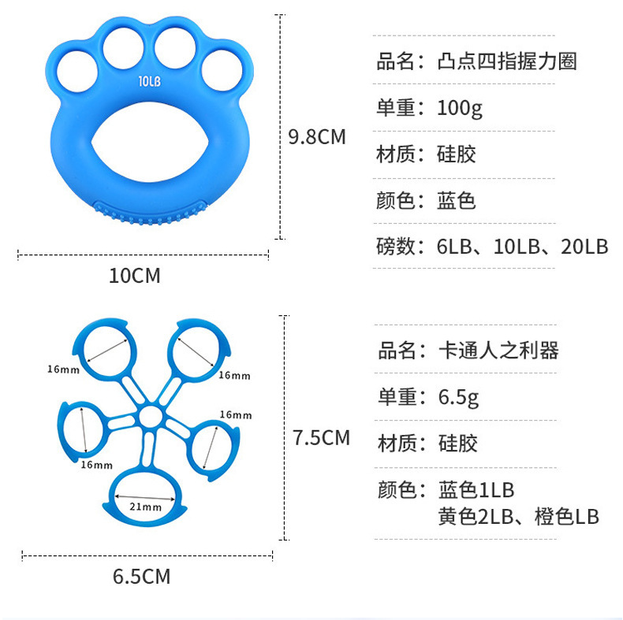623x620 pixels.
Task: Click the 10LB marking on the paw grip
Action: (x=150, y=80)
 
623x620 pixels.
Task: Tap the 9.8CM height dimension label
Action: (x=317, y=137)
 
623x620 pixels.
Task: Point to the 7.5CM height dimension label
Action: (x=321, y=437)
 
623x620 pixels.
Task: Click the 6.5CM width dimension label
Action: (x=141, y=577)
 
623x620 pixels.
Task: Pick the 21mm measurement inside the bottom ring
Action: (x=145, y=507)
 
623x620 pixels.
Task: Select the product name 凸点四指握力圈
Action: (x=507, y=61)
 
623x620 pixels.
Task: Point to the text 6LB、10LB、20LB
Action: (x=523, y=247)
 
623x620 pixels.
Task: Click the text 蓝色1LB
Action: (x=476, y=490)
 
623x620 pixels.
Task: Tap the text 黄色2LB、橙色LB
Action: (x=519, y=517)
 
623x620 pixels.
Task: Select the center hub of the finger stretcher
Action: (x=151, y=417)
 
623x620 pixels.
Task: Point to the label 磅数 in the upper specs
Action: (x=396, y=247)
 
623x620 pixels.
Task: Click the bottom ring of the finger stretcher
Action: (x=147, y=497)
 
